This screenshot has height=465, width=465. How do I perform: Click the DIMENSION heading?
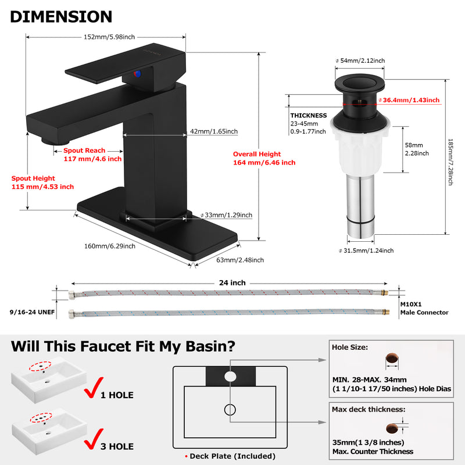tap(61, 17)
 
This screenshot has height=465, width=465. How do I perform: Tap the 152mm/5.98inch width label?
tap(109, 37)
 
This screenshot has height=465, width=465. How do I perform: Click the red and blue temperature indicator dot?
tap(137, 74)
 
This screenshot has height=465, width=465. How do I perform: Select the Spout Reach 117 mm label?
tap(92, 155)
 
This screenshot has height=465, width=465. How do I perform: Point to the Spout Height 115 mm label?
tap(42, 183)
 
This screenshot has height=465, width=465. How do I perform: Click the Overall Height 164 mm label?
tap(264, 158)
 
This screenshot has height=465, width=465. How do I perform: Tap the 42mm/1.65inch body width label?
tap(214, 131)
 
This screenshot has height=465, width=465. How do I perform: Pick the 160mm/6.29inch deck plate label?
tap(110, 246)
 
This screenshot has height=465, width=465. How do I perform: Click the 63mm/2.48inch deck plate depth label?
tap(240, 260)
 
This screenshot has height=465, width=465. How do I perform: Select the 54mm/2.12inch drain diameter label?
tap(360, 61)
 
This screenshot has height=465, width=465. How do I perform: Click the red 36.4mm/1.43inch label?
tap(409, 100)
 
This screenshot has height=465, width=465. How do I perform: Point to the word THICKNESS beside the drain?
tap(309, 116)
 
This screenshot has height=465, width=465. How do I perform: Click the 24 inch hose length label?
tap(232, 283)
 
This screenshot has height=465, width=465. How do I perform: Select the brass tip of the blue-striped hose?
tap(385, 312)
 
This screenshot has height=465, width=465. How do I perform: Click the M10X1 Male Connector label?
tap(424, 309)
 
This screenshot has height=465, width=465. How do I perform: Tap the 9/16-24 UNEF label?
tap(33, 312)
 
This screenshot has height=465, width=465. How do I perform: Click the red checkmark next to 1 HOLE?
tap(94, 388)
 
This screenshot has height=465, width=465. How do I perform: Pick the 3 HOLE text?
tap(117, 446)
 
